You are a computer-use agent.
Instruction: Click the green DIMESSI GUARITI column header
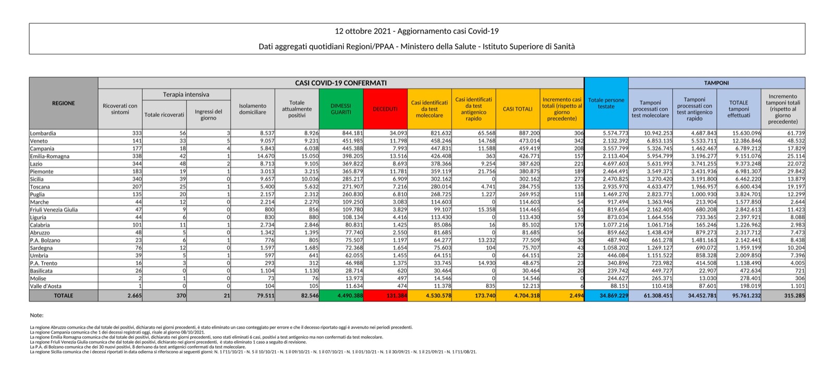pos(341,109)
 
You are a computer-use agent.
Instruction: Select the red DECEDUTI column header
pos(385,109)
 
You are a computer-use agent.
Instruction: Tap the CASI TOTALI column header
pos(518,109)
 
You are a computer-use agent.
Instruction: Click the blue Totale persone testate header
pos(606,103)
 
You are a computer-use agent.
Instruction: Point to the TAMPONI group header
pos(717,83)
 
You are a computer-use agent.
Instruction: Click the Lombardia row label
pos(43,133)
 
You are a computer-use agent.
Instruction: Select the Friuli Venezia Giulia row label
pos(54,210)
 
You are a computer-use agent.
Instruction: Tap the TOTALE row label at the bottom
pos(64,296)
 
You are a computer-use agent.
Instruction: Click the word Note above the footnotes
pos(36,315)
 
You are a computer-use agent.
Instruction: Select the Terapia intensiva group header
pos(186,95)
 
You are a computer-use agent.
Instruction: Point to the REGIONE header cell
pos(64,103)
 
